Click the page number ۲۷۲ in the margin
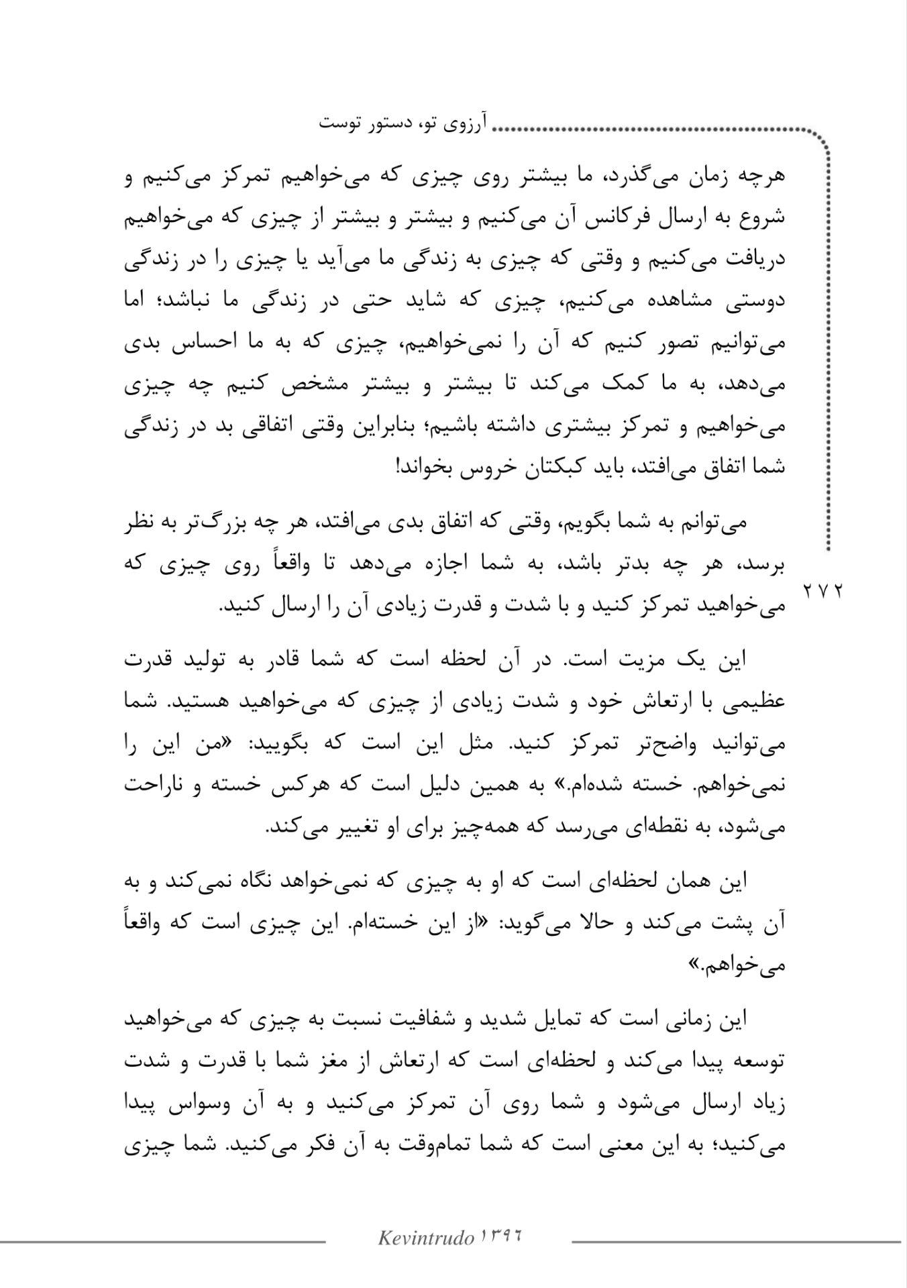(823, 591)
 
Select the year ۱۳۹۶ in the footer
(500, 1236)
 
